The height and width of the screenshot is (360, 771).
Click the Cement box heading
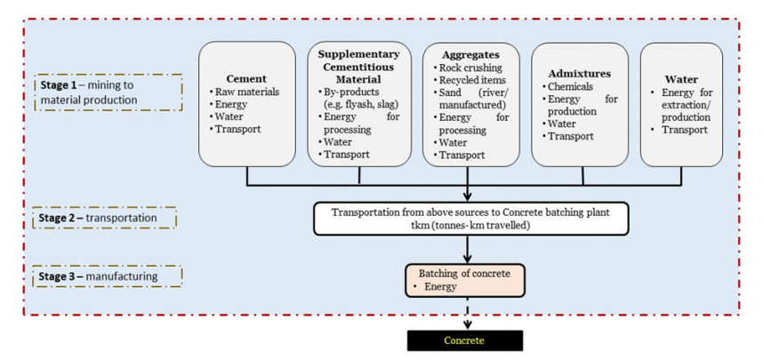246,79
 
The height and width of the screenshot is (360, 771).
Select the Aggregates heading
470,54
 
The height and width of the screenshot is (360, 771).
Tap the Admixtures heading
580,74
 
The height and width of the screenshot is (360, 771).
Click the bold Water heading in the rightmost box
681,79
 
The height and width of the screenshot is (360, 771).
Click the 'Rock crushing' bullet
467,68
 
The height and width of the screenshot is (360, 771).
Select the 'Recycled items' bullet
469,80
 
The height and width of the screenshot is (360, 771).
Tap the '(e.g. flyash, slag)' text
359,104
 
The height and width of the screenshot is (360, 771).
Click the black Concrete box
464,340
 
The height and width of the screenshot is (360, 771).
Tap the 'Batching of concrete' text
464,274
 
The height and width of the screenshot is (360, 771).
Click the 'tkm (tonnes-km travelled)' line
470,225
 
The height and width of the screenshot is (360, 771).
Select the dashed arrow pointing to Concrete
468,313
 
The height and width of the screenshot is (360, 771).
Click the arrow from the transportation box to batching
468,250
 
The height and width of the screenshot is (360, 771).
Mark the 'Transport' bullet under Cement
235,130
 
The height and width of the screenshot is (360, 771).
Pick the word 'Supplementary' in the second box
358,53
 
